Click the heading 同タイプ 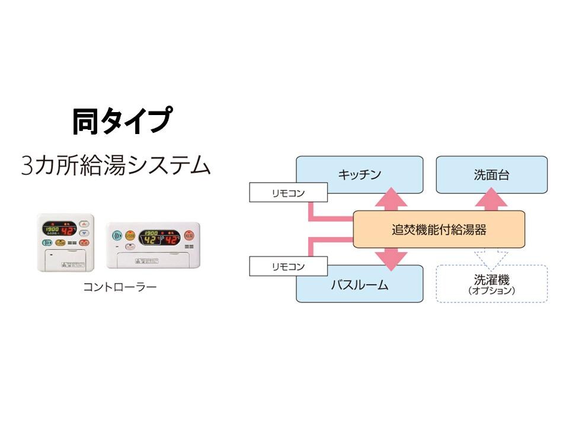pyautogui.click(x=122, y=121)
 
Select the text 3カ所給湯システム pyautogui.click(x=116, y=165)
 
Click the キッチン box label pyautogui.click(x=359, y=174)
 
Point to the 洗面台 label pyautogui.click(x=491, y=174)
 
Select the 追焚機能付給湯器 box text pyautogui.click(x=439, y=229)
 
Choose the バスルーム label pyautogui.click(x=359, y=285)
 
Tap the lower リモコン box pyautogui.click(x=288, y=266)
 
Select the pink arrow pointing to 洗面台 pyautogui.click(x=491, y=200)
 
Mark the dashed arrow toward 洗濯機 pyautogui.click(x=491, y=255)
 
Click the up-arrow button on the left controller pyautogui.click(x=84, y=224)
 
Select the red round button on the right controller pyautogui.click(x=189, y=235)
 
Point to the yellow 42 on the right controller pyautogui.click(x=150, y=240)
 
